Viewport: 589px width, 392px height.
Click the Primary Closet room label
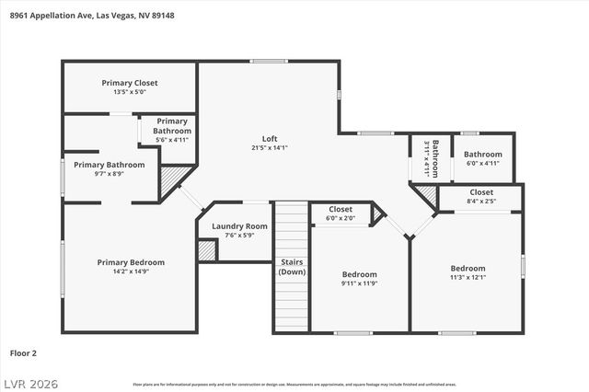(130, 83)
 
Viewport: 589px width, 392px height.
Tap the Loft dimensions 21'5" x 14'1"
(270, 147)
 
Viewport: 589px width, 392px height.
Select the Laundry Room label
(239, 226)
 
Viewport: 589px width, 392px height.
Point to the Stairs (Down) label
(293, 267)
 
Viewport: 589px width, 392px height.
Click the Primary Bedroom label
(130, 262)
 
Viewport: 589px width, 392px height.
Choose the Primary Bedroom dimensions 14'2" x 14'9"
(130, 271)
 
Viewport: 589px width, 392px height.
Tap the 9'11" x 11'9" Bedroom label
(359, 274)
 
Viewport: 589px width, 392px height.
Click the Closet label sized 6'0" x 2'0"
(341, 210)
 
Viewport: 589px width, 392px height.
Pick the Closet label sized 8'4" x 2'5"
(481, 192)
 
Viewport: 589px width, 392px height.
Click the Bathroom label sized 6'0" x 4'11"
(482, 155)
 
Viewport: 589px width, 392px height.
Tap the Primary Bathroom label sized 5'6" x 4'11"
(172, 126)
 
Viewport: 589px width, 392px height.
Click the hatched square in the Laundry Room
(207, 250)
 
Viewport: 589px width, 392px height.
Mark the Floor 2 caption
(24, 352)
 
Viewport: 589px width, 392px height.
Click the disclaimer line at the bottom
(294, 384)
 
